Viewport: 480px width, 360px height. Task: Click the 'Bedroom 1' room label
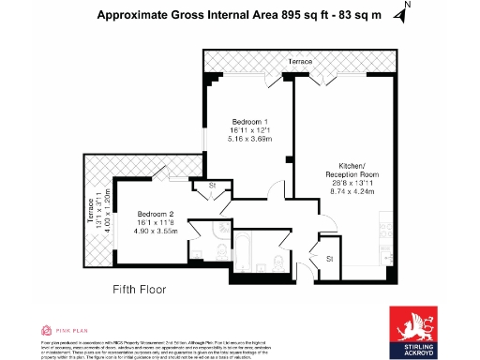[x=250, y=122]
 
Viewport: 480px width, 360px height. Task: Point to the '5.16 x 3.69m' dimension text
[x=250, y=139]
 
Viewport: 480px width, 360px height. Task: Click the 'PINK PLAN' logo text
[x=70, y=330]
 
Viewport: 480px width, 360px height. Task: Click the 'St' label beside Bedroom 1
[x=213, y=186]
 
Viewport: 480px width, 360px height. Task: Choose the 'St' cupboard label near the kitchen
[x=330, y=257]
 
